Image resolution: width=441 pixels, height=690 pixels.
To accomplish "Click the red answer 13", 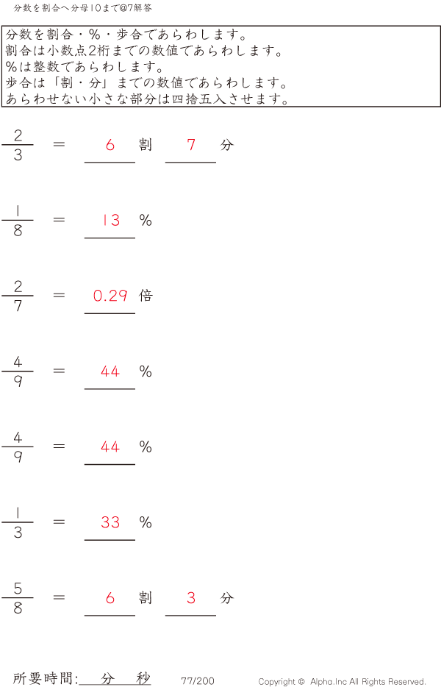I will pyautogui.click(x=110, y=220).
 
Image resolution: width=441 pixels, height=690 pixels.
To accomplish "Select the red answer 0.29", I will pyautogui.click(x=110, y=296).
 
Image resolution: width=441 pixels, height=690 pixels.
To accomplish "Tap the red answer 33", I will pyautogui.click(x=110, y=522).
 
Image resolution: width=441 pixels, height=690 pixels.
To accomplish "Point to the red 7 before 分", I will pyautogui.click(x=191, y=145).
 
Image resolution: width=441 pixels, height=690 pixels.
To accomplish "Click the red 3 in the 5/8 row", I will pyautogui.click(x=191, y=598).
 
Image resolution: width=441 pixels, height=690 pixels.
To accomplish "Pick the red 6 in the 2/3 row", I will pyautogui.click(x=110, y=145).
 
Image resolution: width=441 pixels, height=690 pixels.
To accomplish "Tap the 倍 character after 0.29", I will pyautogui.click(x=146, y=296).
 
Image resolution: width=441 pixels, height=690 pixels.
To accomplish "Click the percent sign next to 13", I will pyautogui.click(x=146, y=220).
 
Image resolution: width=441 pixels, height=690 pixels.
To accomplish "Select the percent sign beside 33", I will pyautogui.click(x=146, y=522).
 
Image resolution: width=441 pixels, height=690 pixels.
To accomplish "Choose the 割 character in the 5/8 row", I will pyautogui.click(x=146, y=598).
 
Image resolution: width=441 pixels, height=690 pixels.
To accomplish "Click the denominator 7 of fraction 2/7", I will pyautogui.click(x=18, y=306).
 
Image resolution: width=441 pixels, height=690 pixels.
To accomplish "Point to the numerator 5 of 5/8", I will pyautogui.click(x=18, y=588).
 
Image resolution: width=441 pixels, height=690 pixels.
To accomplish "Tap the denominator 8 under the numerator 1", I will pyautogui.click(x=18, y=230).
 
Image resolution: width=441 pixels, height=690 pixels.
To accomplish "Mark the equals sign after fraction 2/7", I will pyautogui.click(x=60, y=296).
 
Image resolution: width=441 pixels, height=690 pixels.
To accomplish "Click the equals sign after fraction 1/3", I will pyautogui.click(x=60, y=522).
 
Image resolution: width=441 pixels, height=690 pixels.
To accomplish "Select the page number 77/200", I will pyautogui.click(x=198, y=681).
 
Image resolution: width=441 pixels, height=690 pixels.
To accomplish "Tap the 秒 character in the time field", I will pyautogui.click(x=143, y=679).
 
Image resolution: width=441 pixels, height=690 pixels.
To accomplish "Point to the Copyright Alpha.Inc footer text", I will pyautogui.click(x=342, y=682).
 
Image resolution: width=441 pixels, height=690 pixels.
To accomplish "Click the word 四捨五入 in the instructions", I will pyautogui.click(x=190, y=99).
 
